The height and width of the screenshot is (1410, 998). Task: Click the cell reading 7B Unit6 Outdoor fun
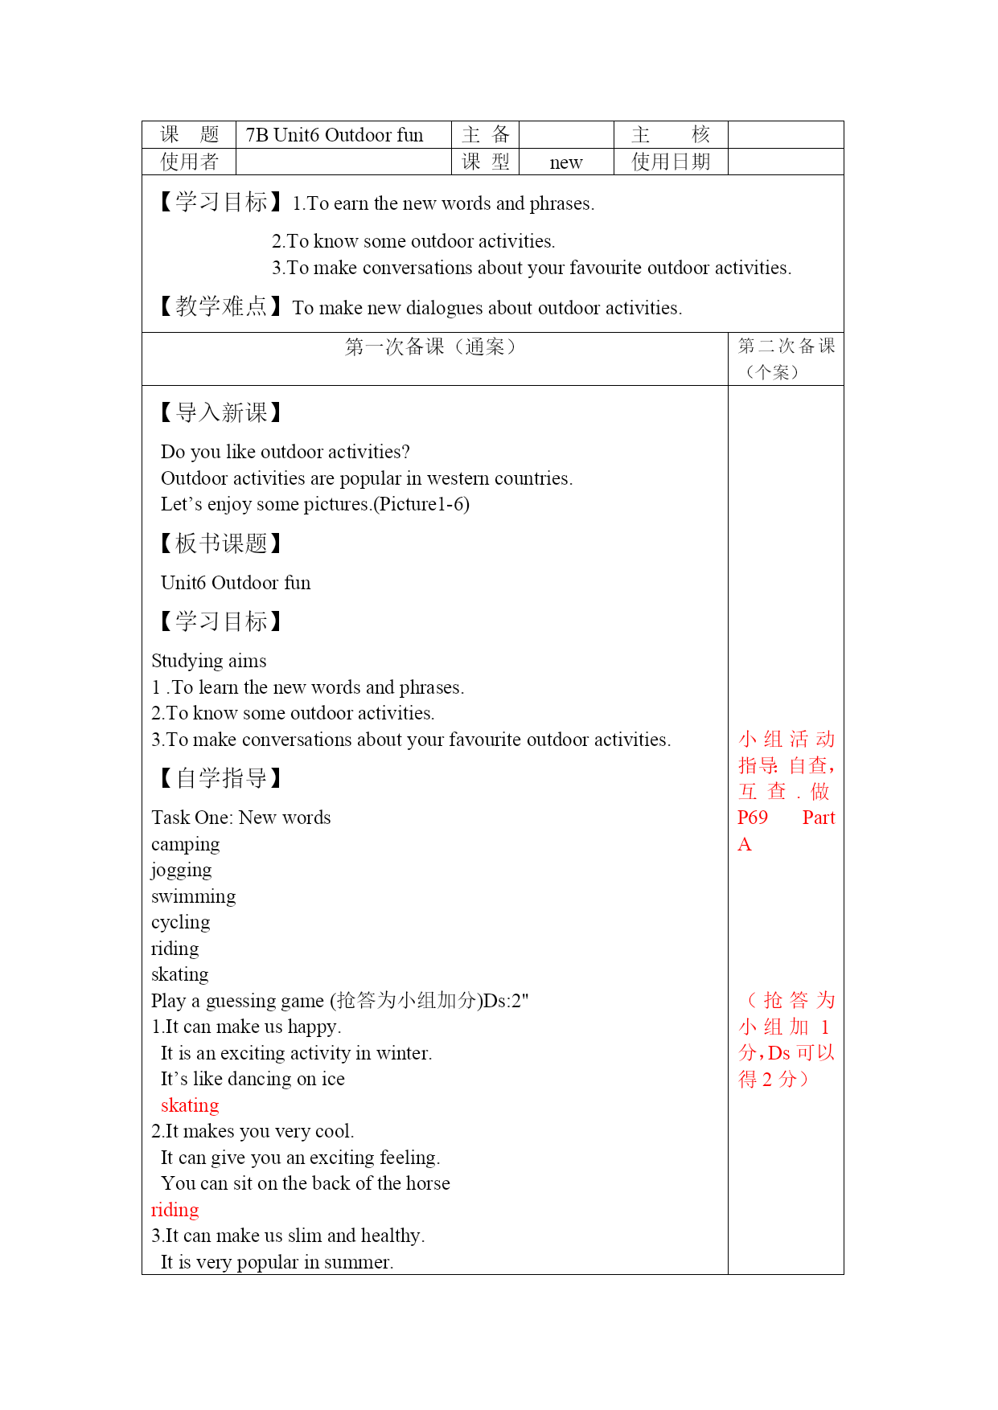point(335,135)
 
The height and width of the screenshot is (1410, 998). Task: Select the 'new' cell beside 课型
point(566,162)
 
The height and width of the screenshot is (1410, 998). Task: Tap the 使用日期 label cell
point(671,162)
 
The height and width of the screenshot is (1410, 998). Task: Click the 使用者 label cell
point(189,162)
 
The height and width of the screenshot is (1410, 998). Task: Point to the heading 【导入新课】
point(220,413)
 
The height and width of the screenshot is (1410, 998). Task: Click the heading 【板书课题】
point(220,543)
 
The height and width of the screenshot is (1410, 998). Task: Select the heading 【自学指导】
point(220,778)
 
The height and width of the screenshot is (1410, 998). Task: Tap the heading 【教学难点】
point(220,306)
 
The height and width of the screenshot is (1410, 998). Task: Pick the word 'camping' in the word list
point(185,844)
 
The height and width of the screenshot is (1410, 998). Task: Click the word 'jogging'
point(182,871)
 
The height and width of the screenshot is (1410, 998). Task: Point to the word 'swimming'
point(194,896)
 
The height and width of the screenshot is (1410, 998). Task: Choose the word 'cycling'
point(180,923)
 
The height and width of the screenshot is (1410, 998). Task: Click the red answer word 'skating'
point(190,1105)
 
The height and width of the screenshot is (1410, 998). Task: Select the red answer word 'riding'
point(175,1210)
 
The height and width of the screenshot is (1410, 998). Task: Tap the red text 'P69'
point(753,818)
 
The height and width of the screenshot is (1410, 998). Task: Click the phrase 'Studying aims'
point(209,661)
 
